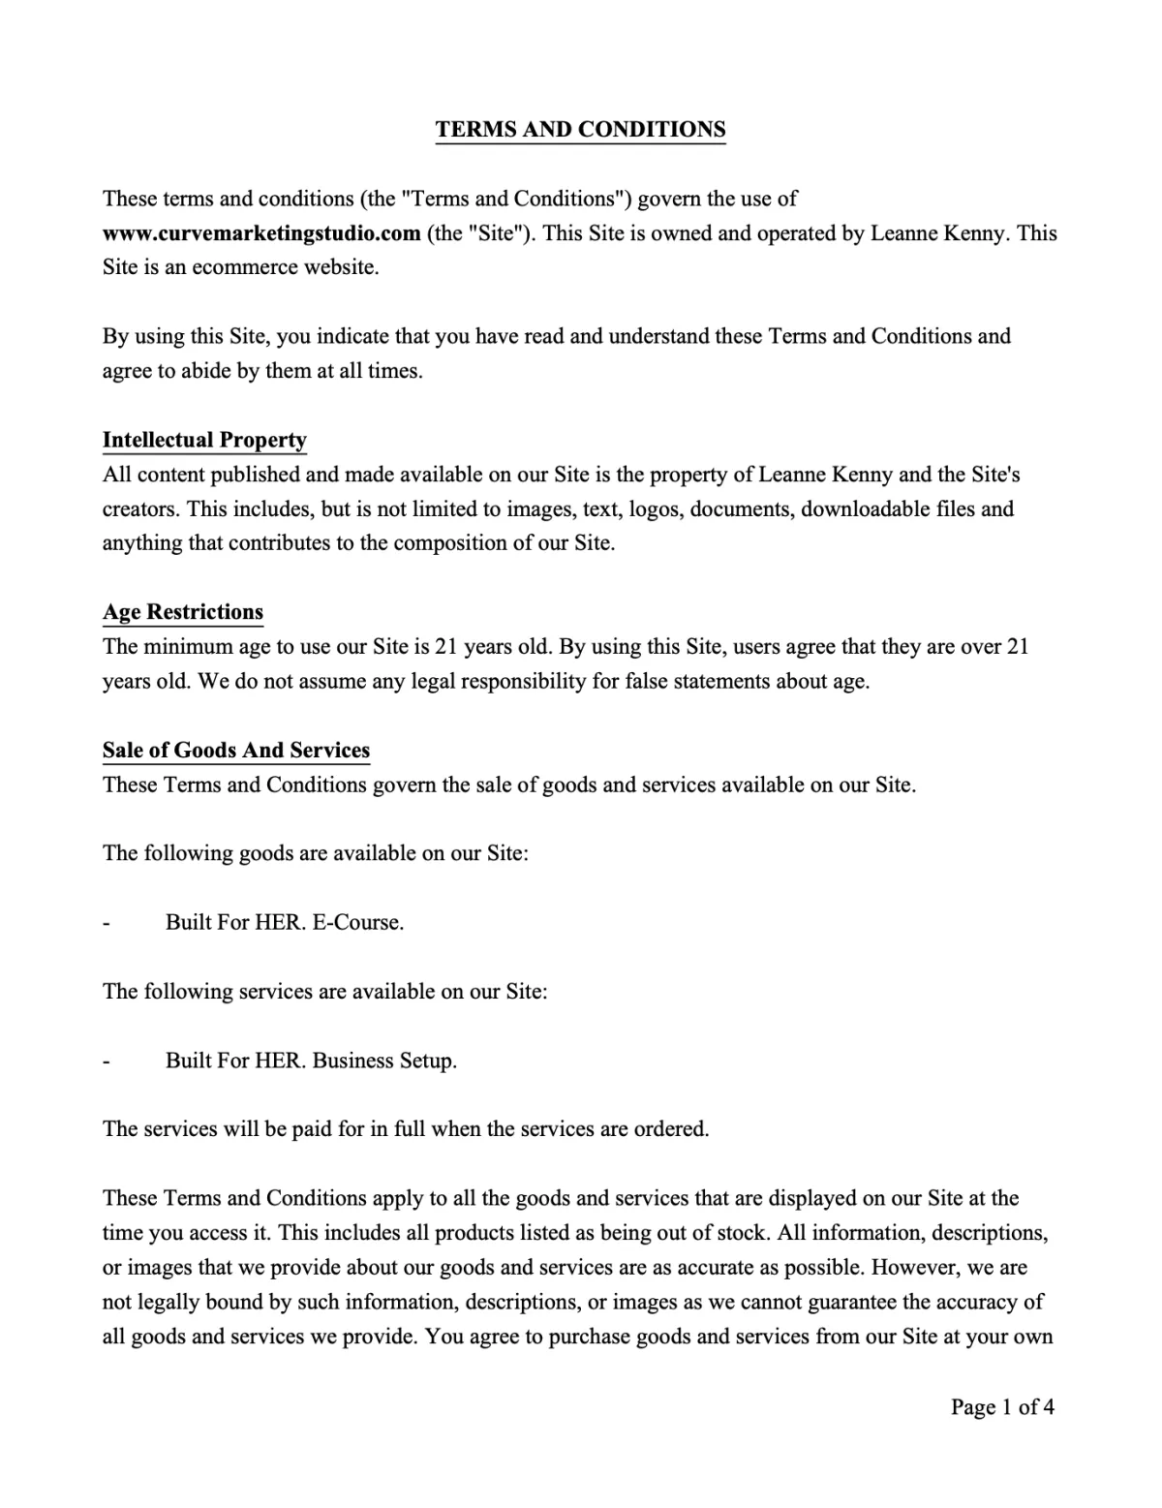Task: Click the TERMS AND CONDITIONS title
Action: coord(580,130)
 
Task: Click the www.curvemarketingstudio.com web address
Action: coord(261,233)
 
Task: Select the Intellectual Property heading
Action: coord(204,441)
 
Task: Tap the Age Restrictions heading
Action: coord(183,612)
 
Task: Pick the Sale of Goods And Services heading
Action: coord(236,751)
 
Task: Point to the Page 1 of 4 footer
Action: coord(1002,1407)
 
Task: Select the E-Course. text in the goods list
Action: coord(357,923)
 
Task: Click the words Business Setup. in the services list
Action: coord(384,1062)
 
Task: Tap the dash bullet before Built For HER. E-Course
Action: coord(107,923)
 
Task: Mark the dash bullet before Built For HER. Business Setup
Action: coord(107,1062)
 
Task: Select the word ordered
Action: coord(671,1130)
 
